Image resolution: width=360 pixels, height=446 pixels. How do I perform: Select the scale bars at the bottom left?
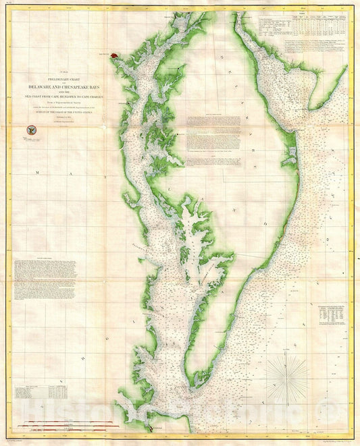[x=47, y=425]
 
